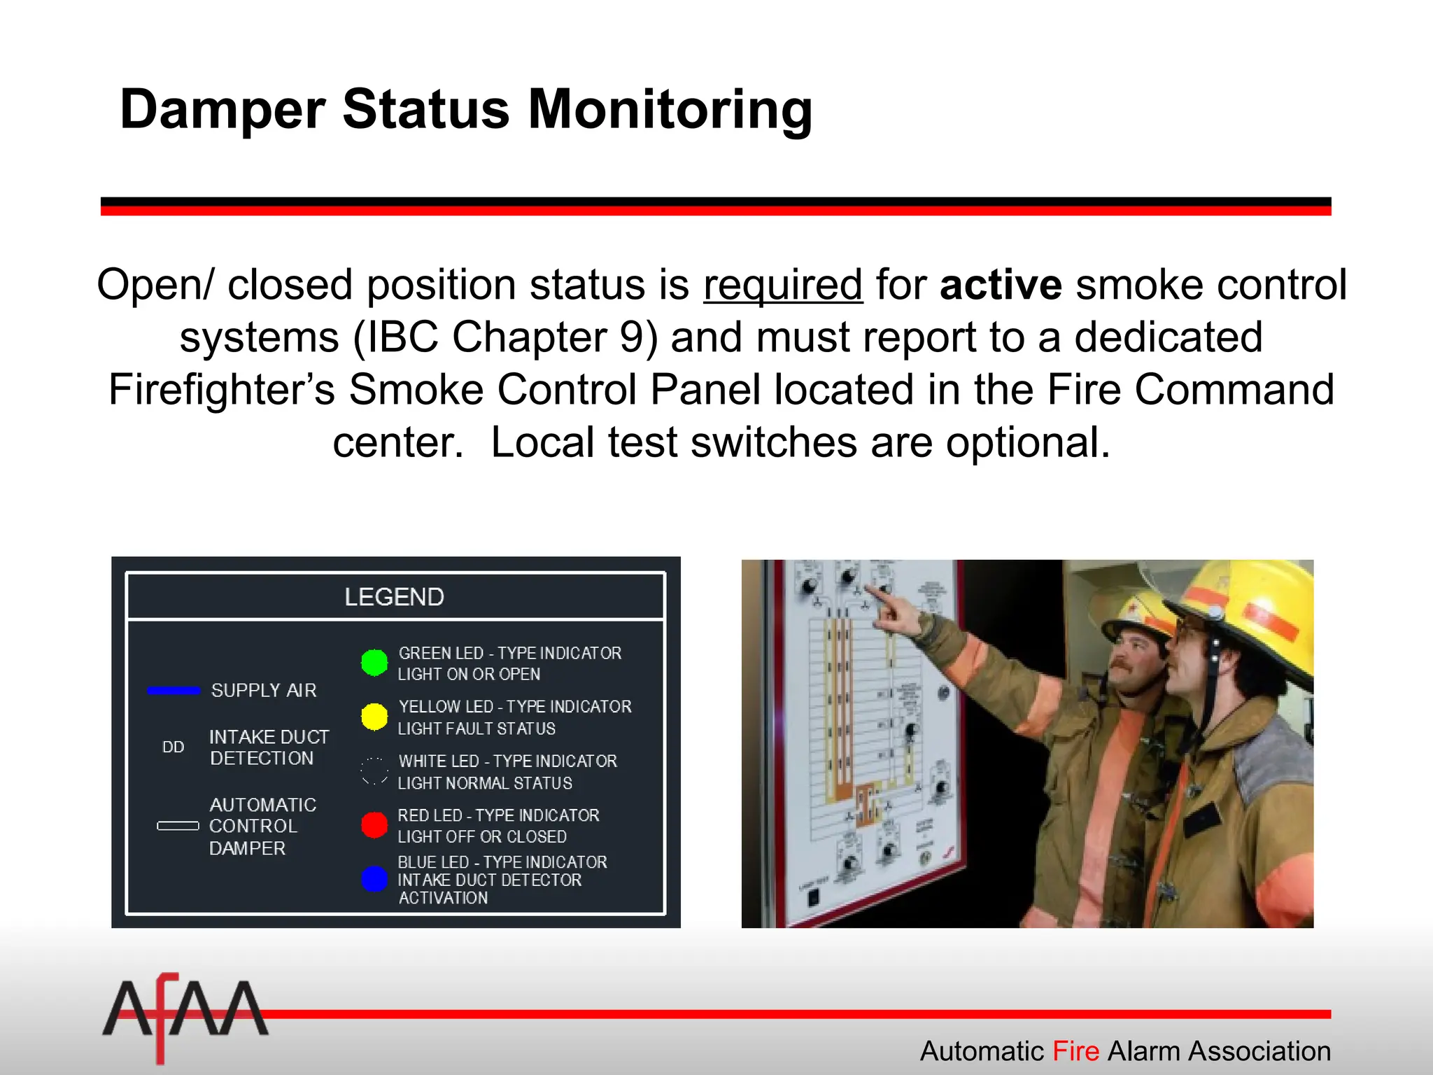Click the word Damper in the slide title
click(x=223, y=110)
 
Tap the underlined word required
click(x=783, y=285)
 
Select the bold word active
click(x=1001, y=285)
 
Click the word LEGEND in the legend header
click(x=394, y=597)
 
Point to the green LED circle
click(x=374, y=662)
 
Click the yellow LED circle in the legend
click(x=374, y=717)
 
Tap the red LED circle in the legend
click(x=374, y=825)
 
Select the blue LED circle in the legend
click(x=374, y=879)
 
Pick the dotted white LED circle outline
click(x=374, y=771)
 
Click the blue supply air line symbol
click(x=174, y=691)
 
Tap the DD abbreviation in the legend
click(x=173, y=747)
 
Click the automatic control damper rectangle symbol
click(x=178, y=826)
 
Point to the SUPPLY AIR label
click(x=264, y=691)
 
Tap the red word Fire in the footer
click(x=1076, y=1051)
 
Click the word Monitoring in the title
click(x=670, y=110)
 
